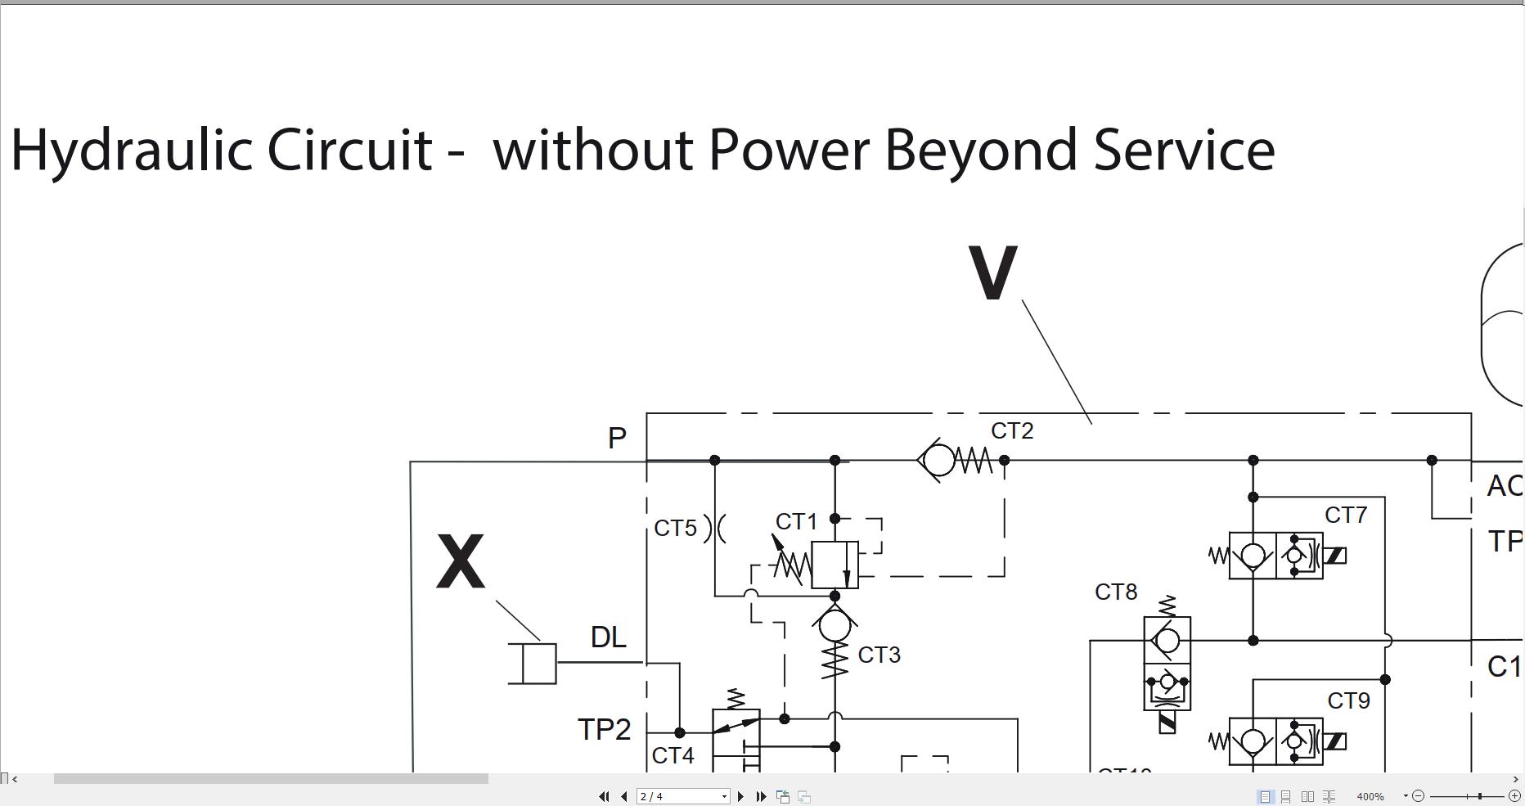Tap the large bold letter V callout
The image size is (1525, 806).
pos(992,272)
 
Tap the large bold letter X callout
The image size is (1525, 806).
pos(461,561)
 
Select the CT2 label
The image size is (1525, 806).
pos(1012,431)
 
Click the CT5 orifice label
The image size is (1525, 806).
pos(676,529)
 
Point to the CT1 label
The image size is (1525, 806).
pos(796,522)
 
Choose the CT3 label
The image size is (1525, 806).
pos(879,655)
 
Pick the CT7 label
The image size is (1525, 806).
pos(1346,516)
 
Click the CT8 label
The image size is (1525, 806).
pos(1116,592)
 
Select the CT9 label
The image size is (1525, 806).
pos(1348,701)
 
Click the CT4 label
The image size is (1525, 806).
pos(673,756)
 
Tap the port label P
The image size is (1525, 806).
pos(617,439)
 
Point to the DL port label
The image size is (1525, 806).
pos(609,637)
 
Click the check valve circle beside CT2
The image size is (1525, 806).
pos(939,461)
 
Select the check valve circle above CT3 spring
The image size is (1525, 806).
pos(834,626)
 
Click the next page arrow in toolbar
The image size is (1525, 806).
pos(741,796)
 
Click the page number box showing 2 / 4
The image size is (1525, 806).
pos(682,796)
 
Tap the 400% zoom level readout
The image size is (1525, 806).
pos(1370,796)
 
